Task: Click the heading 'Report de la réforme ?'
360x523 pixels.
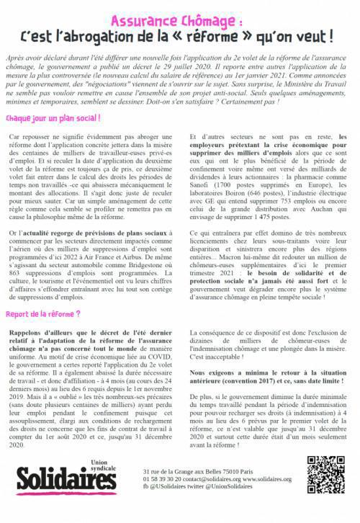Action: pyautogui.click(x=42, y=294)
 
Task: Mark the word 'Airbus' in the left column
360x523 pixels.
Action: pyautogui.click(x=152, y=247)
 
